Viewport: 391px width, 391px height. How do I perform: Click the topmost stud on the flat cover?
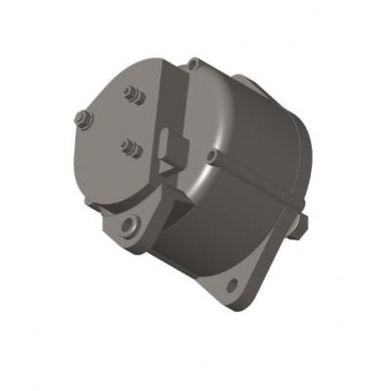130,94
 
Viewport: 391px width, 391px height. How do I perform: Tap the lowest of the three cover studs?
127,148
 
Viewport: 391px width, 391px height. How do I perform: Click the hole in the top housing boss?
195,65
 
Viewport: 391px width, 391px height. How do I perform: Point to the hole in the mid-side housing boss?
214,153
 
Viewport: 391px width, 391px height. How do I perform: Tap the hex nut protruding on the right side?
305,225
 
